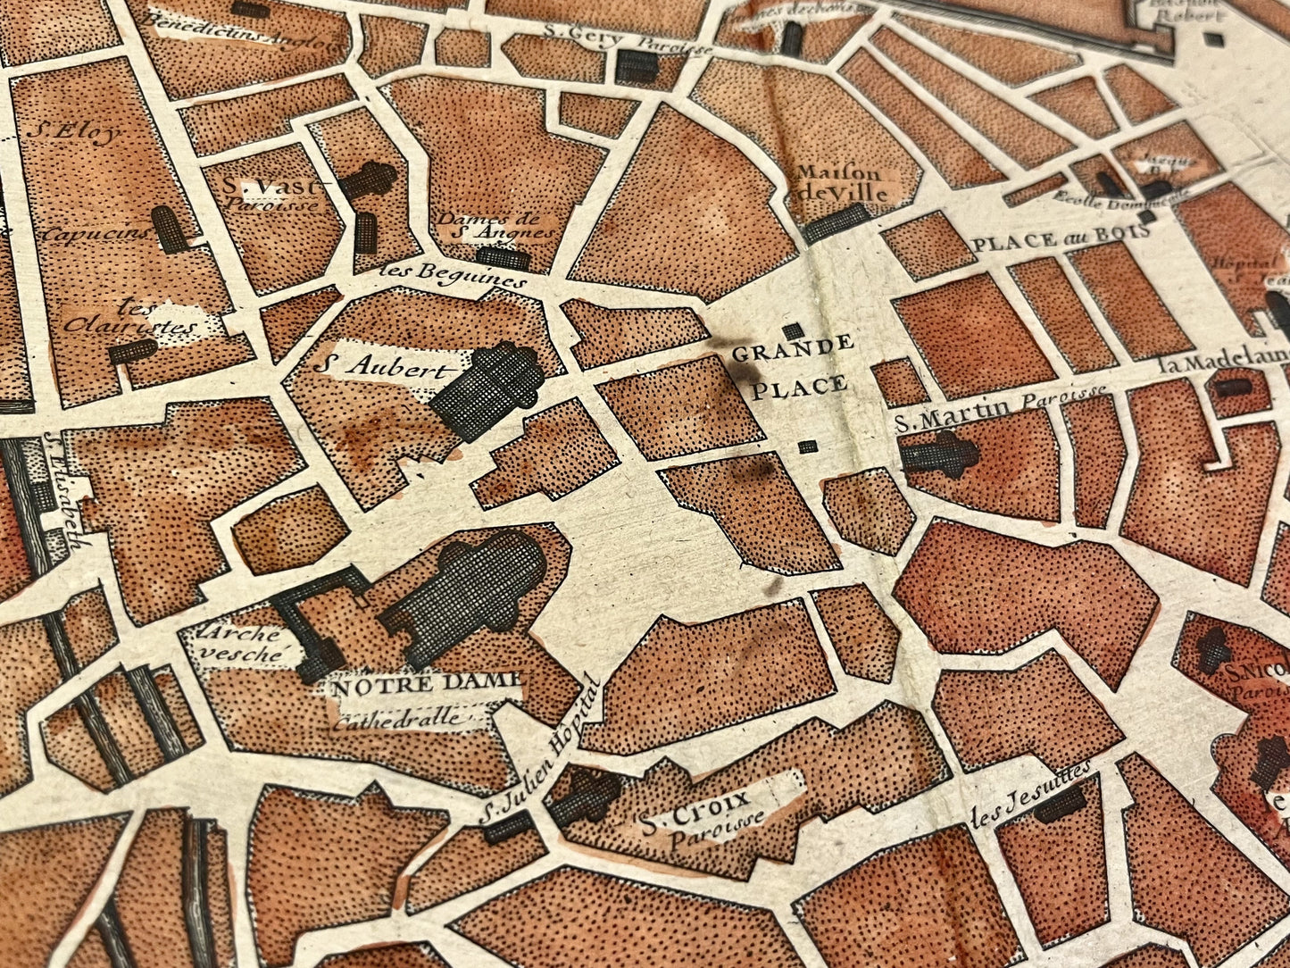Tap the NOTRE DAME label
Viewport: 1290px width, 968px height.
[x=425, y=687]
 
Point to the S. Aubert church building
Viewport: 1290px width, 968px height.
[x=489, y=389]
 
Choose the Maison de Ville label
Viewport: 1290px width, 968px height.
[x=840, y=183]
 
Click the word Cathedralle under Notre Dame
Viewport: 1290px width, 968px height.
[x=398, y=718]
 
